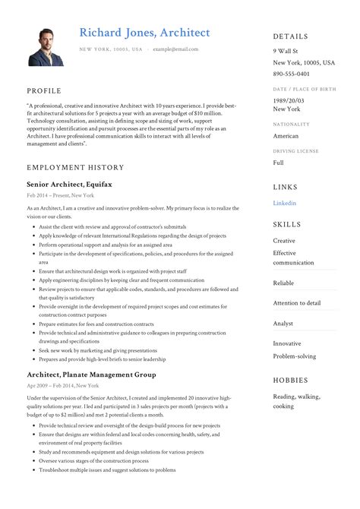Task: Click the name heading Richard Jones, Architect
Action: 144,32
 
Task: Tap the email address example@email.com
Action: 175,49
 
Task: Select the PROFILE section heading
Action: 44,90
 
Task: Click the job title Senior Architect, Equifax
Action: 69,184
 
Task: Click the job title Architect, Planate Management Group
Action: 91,375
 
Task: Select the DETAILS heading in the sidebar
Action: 291,36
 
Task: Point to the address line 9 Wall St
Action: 286,50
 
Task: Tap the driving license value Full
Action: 279,163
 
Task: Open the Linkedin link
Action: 285,203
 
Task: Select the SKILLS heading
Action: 288,225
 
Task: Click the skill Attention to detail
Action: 296,302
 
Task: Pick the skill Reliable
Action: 283,283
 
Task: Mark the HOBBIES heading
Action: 291,380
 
